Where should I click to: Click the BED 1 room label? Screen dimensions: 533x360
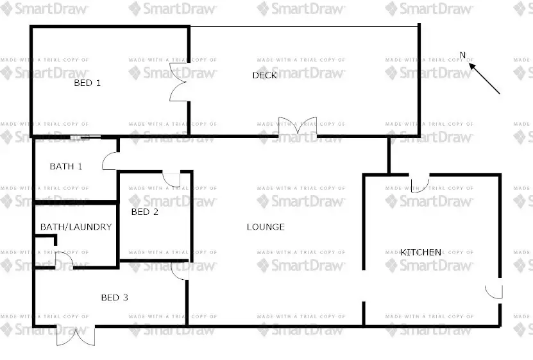(x=88, y=83)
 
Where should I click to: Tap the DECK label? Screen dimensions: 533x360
(x=264, y=76)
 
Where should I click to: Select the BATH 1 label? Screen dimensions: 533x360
(x=66, y=167)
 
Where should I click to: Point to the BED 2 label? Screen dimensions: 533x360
(x=144, y=212)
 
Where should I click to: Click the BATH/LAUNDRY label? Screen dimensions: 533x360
(x=76, y=227)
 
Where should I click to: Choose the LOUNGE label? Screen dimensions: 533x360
(x=266, y=227)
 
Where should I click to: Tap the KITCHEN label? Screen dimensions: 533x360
(x=421, y=252)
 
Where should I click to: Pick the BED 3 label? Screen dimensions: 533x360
(x=115, y=298)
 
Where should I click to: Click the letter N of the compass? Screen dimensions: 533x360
(x=462, y=55)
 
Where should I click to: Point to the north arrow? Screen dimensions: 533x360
(x=485, y=78)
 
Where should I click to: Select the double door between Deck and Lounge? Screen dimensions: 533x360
(x=298, y=126)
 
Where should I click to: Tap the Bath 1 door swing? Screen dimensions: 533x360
(x=110, y=160)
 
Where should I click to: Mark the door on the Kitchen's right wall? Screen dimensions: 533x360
(x=494, y=291)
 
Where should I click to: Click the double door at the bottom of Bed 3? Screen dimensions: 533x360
(x=76, y=336)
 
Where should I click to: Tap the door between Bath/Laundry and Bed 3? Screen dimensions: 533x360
(x=64, y=261)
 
